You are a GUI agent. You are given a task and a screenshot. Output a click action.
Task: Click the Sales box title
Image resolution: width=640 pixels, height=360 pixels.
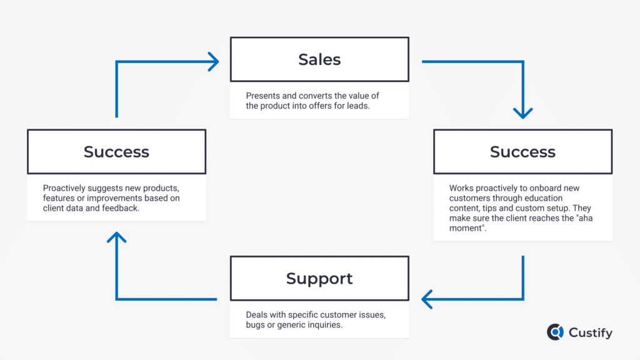(319, 59)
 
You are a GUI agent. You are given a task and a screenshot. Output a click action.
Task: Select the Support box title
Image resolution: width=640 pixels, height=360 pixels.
(319, 278)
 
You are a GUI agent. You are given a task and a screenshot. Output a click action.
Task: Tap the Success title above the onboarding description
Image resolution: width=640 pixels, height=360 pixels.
(522, 152)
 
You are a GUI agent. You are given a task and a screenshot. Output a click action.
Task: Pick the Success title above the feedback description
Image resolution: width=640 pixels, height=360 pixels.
(116, 152)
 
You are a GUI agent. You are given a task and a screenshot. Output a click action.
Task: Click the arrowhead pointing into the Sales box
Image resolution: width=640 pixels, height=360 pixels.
(214, 61)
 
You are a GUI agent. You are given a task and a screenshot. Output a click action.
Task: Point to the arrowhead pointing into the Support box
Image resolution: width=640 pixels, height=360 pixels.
(427, 299)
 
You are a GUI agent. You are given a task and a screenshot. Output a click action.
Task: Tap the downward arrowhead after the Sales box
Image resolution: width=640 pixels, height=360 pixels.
(522, 113)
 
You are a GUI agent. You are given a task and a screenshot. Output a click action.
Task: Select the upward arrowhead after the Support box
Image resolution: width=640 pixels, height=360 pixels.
(116, 237)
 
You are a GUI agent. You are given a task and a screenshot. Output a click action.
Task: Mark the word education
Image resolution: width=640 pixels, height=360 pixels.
(542, 198)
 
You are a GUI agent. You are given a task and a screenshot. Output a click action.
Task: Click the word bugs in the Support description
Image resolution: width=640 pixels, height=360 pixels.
(256, 325)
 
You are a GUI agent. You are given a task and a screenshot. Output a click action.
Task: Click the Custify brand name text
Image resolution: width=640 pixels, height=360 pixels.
(590, 332)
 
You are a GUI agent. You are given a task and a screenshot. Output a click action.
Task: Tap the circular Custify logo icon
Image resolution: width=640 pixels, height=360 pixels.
(555, 332)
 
